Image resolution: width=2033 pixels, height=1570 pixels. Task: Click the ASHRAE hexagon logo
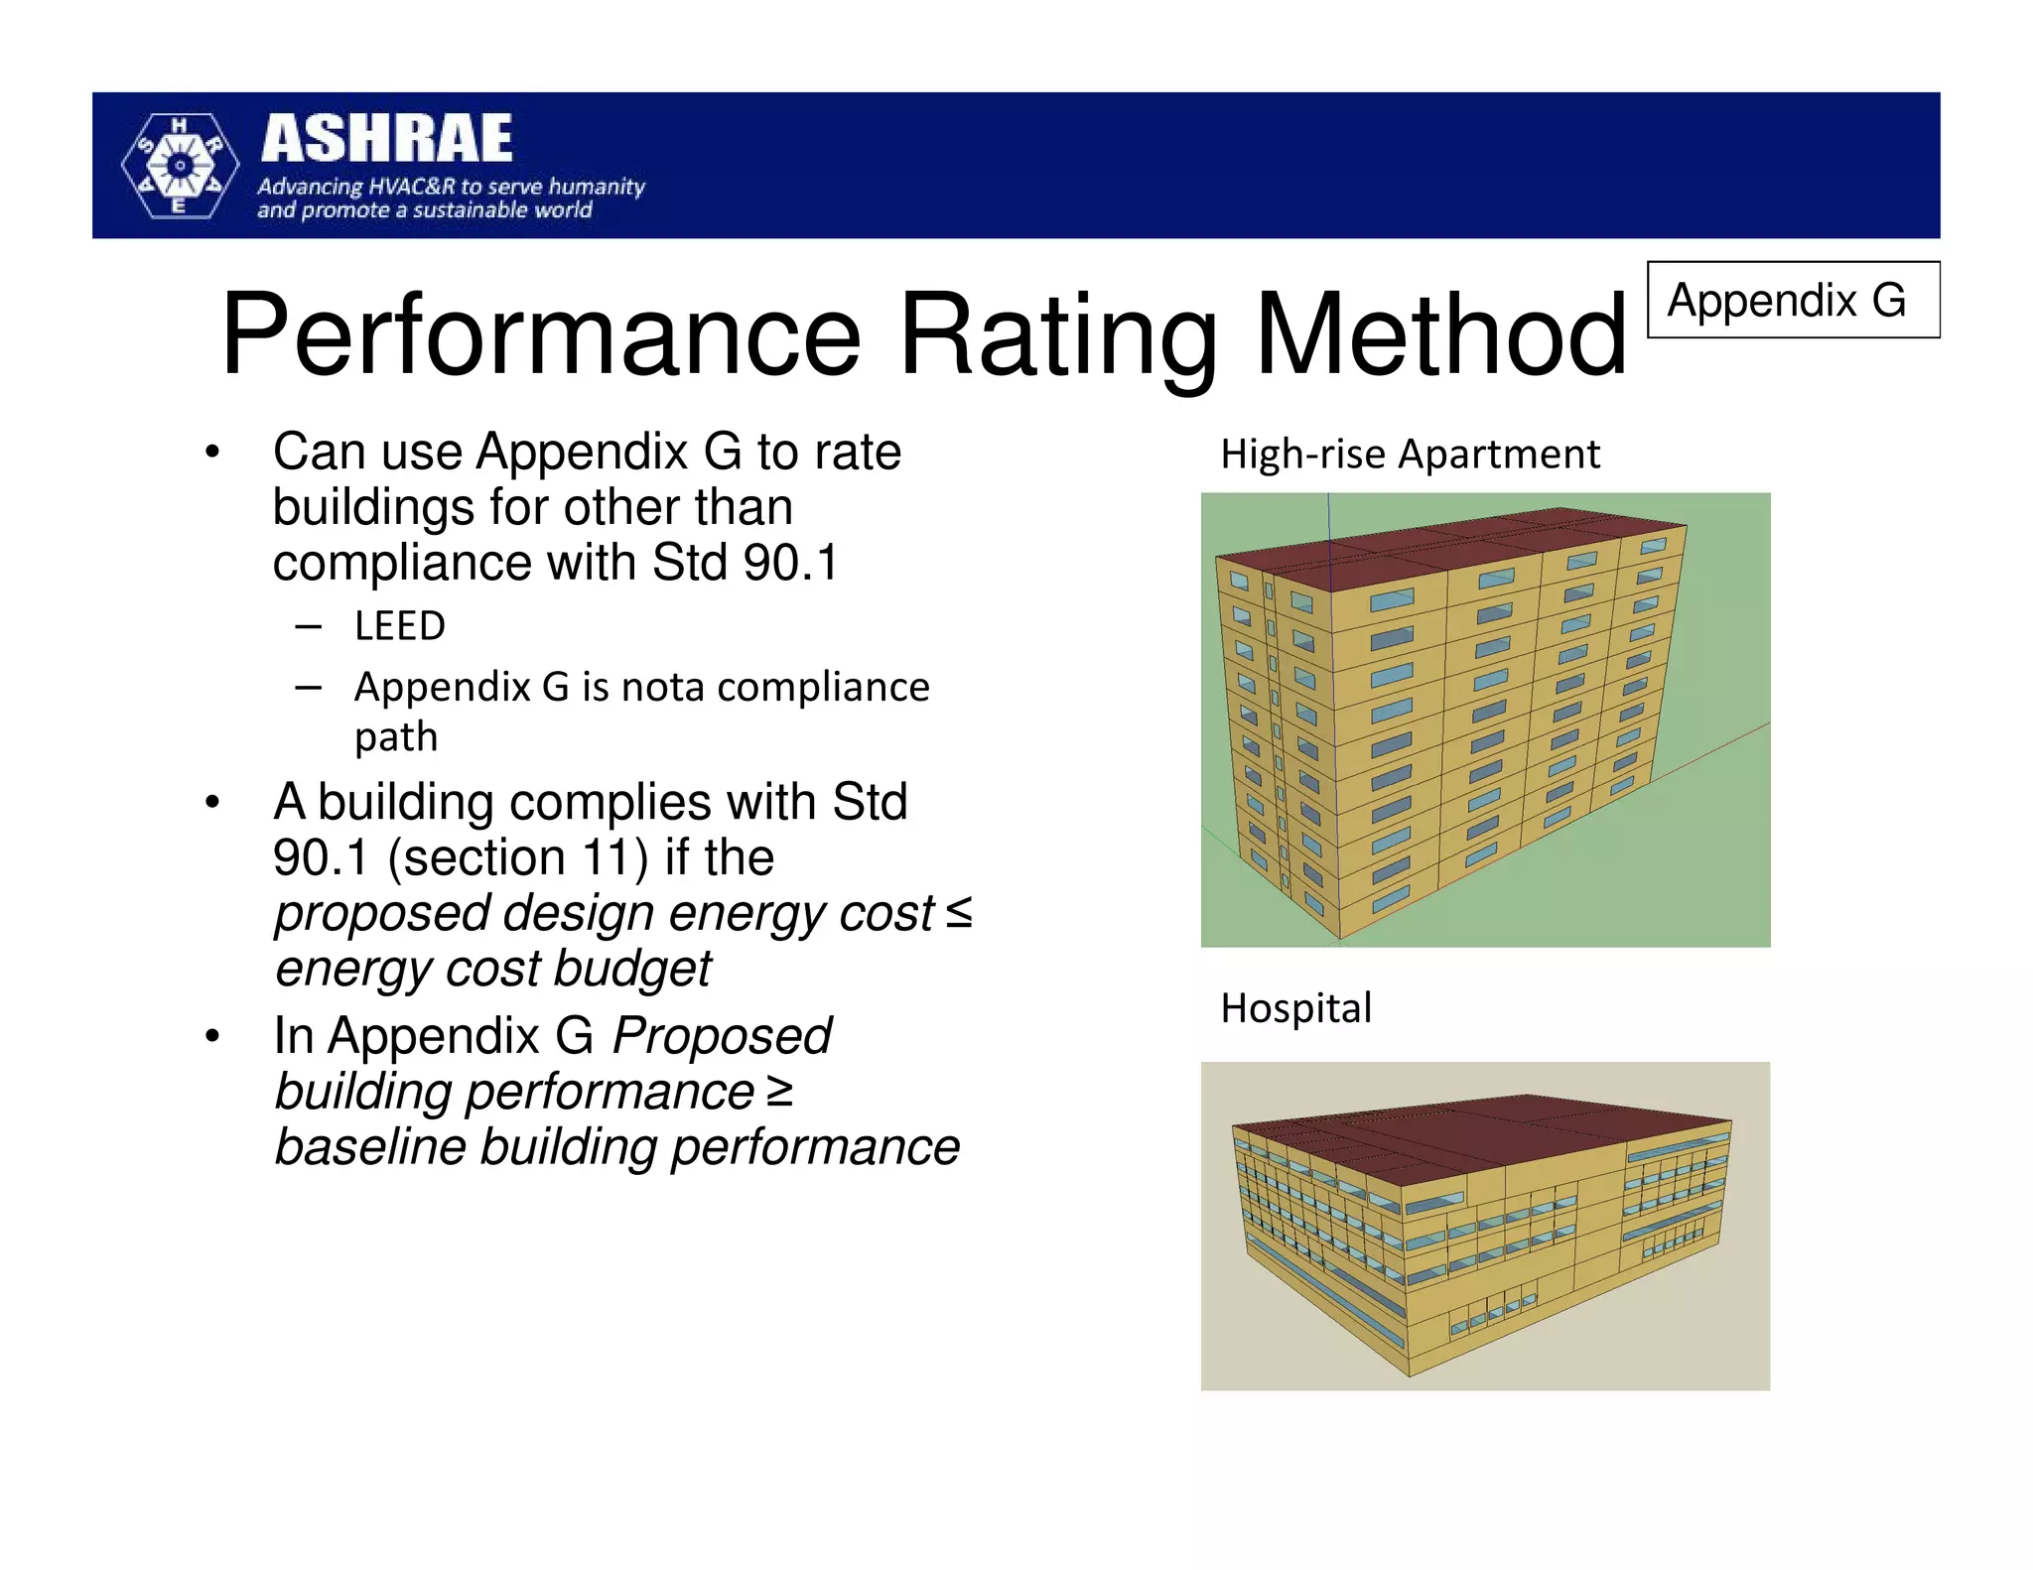180,166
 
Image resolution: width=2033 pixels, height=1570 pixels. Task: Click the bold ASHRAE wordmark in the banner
387,139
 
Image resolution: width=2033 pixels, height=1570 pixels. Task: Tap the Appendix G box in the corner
1792,300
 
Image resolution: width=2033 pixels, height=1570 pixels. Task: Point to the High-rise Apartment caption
1410,455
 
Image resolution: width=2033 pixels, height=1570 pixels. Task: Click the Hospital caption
1295,1008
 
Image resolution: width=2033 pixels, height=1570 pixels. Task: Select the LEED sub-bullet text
400,626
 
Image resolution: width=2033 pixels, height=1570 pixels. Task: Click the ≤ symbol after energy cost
958,913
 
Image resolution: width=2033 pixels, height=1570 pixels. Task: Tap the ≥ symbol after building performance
779,1092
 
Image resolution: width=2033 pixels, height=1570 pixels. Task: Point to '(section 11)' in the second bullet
517,857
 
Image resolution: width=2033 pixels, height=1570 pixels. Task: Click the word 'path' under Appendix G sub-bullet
396,737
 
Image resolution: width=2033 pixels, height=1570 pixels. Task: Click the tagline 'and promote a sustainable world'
425,210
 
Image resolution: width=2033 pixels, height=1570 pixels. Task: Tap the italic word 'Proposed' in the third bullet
722,1036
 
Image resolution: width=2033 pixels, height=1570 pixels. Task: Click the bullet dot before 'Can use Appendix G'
211,454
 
